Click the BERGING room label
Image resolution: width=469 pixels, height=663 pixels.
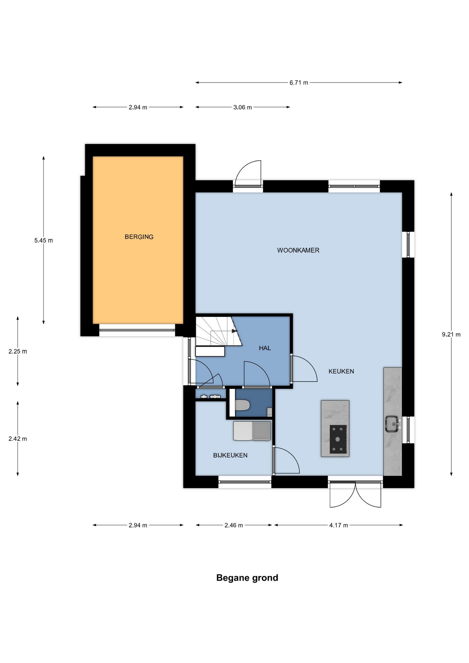pyautogui.click(x=139, y=237)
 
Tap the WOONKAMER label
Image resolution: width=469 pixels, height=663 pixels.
pyautogui.click(x=298, y=250)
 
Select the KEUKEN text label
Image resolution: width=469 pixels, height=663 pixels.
pyautogui.click(x=341, y=372)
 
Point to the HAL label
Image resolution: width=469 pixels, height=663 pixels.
pyautogui.click(x=265, y=348)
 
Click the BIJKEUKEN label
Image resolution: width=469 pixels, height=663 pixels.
pyautogui.click(x=230, y=455)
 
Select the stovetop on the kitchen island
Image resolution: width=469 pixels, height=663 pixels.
pyautogui.click(x=338, y=439)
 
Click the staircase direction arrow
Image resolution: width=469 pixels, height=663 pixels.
pyautogui.click(x=234, y=331)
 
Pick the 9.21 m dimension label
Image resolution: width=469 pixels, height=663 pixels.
pyautogui.click(x=451, y=335)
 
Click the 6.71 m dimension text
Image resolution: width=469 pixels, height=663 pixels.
pyautogui.click(x=299, y=83)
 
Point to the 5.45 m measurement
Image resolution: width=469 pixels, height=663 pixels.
pyautogui.click(x=44, y=241)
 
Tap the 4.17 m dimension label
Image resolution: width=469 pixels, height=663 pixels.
pyautogui.click(x=338, y=525)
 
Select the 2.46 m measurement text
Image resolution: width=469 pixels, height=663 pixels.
pyautogui.click(x=234, y=525)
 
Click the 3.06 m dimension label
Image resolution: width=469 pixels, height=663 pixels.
pyautogui.click(x=242, y=107)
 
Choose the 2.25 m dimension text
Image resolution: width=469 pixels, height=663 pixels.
pyautogui.click(x=18, y=352)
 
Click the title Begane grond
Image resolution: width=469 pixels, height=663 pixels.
pyautogui.click(x=247, y=578)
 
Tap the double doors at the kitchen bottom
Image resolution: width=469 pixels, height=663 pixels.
pyautogui.click(x=355, y=495)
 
